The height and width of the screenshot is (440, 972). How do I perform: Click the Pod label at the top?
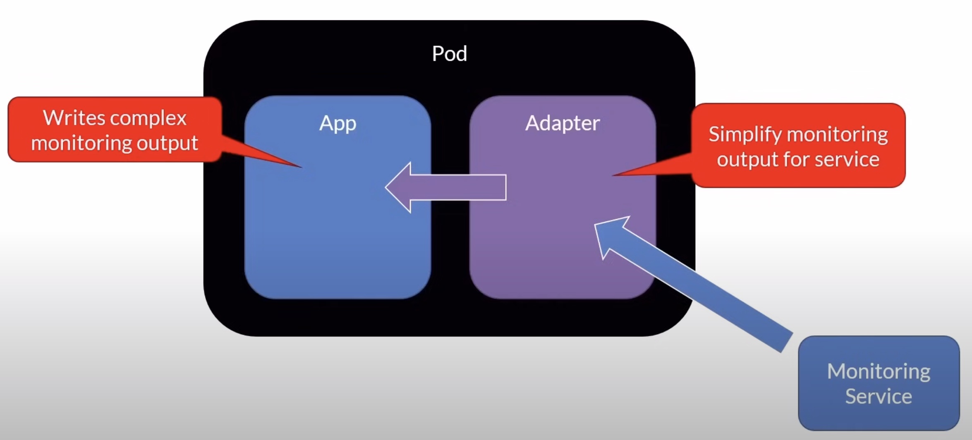point(450,54)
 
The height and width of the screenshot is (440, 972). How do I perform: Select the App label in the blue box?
point(338,123)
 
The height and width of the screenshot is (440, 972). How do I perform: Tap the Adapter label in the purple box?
point(563,123)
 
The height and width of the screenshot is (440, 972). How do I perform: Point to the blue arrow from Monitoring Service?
point(699,285)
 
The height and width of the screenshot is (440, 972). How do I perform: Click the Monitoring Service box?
point(879,383)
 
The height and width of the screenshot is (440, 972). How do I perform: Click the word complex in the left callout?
point(148,119)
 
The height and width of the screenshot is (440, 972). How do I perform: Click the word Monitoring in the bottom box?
point(879,371)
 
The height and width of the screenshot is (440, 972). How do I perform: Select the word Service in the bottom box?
point(879,396)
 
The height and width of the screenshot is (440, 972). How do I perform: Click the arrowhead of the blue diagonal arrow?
point(608,234)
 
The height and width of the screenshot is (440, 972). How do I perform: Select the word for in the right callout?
point(797,159)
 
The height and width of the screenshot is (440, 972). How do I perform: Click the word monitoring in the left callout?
point(81,143)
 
